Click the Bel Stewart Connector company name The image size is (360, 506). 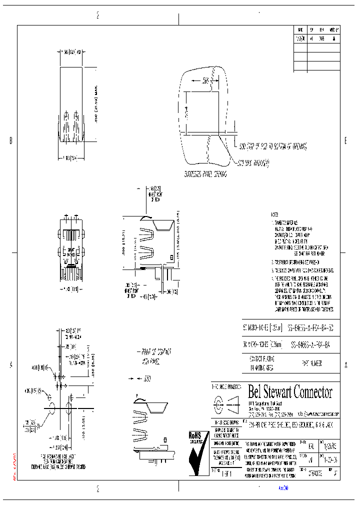[x=290, y=391]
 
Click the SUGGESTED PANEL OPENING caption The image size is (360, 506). [x=205, y=175]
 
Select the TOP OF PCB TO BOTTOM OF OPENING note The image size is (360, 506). [x=272, y=147]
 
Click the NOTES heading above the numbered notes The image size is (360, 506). [x=275, y=213]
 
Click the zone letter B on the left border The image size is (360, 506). [x=10, y=141]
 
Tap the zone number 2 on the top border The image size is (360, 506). [x=98, y=15]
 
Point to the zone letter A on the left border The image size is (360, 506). [x=10, y=365]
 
